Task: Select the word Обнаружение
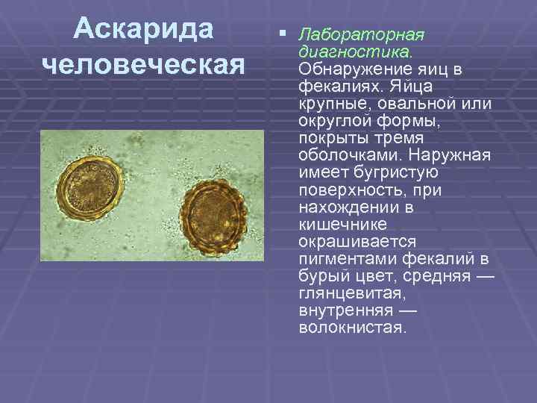pos(356,69)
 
